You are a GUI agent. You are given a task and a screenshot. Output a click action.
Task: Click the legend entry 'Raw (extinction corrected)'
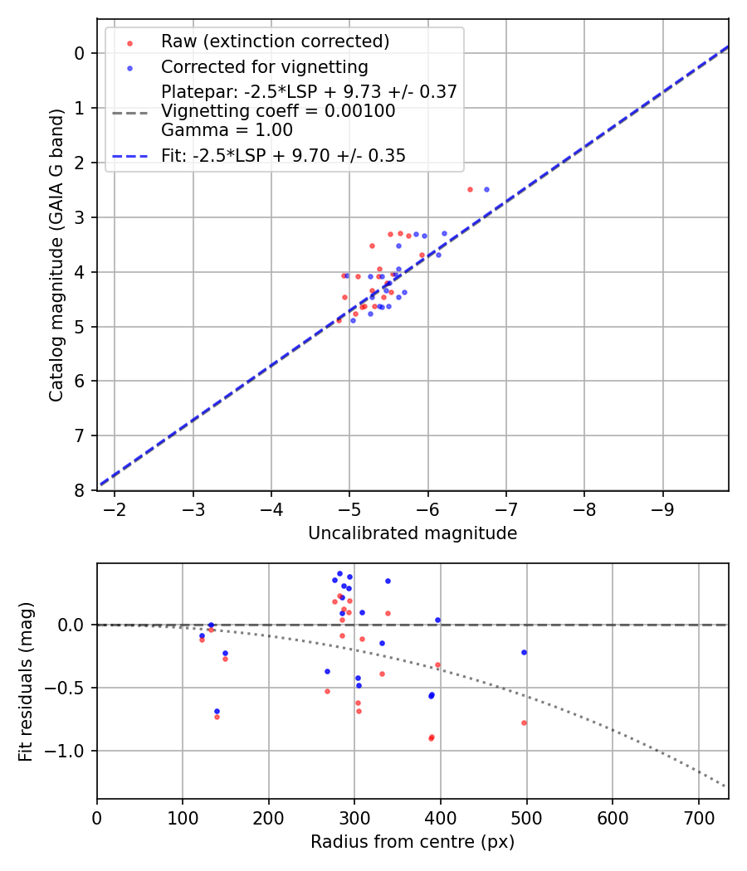275,41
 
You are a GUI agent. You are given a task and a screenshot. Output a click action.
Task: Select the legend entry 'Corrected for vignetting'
265,66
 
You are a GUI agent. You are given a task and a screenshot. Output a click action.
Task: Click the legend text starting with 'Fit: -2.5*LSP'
283,155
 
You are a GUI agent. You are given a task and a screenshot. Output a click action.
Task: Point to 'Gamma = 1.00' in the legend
227,129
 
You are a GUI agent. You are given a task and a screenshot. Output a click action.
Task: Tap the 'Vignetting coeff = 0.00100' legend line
278,110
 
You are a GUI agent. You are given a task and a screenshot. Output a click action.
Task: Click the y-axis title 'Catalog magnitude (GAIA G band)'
56,255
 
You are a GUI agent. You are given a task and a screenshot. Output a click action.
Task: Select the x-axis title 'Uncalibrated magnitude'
413,533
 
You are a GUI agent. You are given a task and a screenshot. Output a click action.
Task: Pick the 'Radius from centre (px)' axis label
413,842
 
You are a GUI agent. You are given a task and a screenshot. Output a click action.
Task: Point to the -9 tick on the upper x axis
662,507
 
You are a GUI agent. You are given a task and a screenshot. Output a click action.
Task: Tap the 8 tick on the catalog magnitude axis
80,490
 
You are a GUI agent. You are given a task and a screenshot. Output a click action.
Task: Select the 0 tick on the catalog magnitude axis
80,53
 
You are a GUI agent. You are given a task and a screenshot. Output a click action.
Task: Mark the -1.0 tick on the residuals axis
68,751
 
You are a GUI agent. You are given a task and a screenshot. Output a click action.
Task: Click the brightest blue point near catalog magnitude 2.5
486,189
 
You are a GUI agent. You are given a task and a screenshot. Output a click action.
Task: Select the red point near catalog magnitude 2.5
470,189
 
